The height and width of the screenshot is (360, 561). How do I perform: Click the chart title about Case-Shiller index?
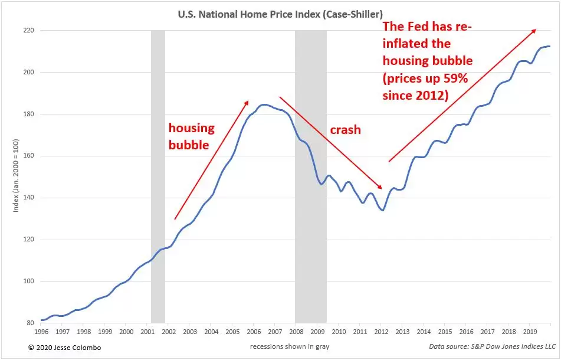(280, 14)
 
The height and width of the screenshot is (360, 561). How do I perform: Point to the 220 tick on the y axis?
(29, 31)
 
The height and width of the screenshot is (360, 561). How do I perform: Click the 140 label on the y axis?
(29, 198)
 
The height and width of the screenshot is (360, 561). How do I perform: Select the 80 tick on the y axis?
(30, 323)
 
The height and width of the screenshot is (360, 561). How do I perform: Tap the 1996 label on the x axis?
(41, 332)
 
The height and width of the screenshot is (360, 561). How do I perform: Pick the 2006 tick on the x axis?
(254, 332)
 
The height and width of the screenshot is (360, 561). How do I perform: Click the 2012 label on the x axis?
(382, 332)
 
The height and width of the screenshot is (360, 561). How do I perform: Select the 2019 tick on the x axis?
(530, 332)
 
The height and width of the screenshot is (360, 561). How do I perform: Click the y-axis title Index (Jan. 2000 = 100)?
(16, 175)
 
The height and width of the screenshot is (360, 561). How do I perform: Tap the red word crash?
(345, 130)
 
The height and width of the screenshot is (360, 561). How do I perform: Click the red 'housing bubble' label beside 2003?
(191, 136)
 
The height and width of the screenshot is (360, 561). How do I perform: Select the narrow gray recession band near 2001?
(158, 176)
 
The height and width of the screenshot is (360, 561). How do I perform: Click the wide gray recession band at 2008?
(310, 176)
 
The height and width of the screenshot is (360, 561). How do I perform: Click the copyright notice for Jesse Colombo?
(64, 348)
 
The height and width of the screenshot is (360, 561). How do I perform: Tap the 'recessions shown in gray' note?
(290, 346)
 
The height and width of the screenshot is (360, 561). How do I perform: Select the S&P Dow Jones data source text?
(493, 346)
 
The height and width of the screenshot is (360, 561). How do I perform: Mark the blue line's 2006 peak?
(264, 104)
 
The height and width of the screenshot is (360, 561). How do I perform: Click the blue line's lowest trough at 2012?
(383, 210)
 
